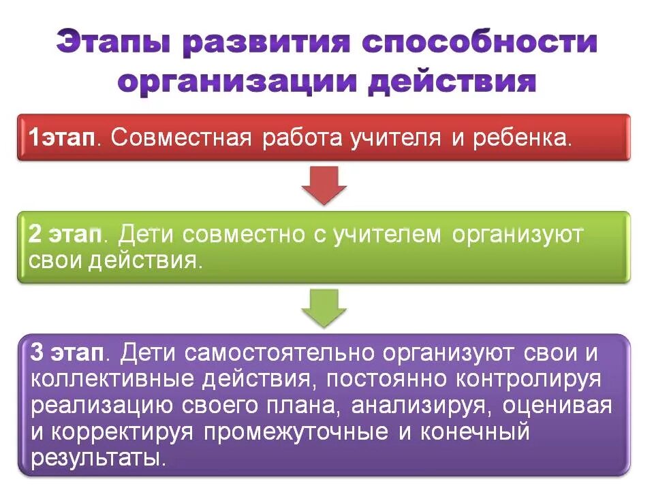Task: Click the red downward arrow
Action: coord(325,184)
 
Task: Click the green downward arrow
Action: coord(325,306)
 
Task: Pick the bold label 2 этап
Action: coord(65,235)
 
